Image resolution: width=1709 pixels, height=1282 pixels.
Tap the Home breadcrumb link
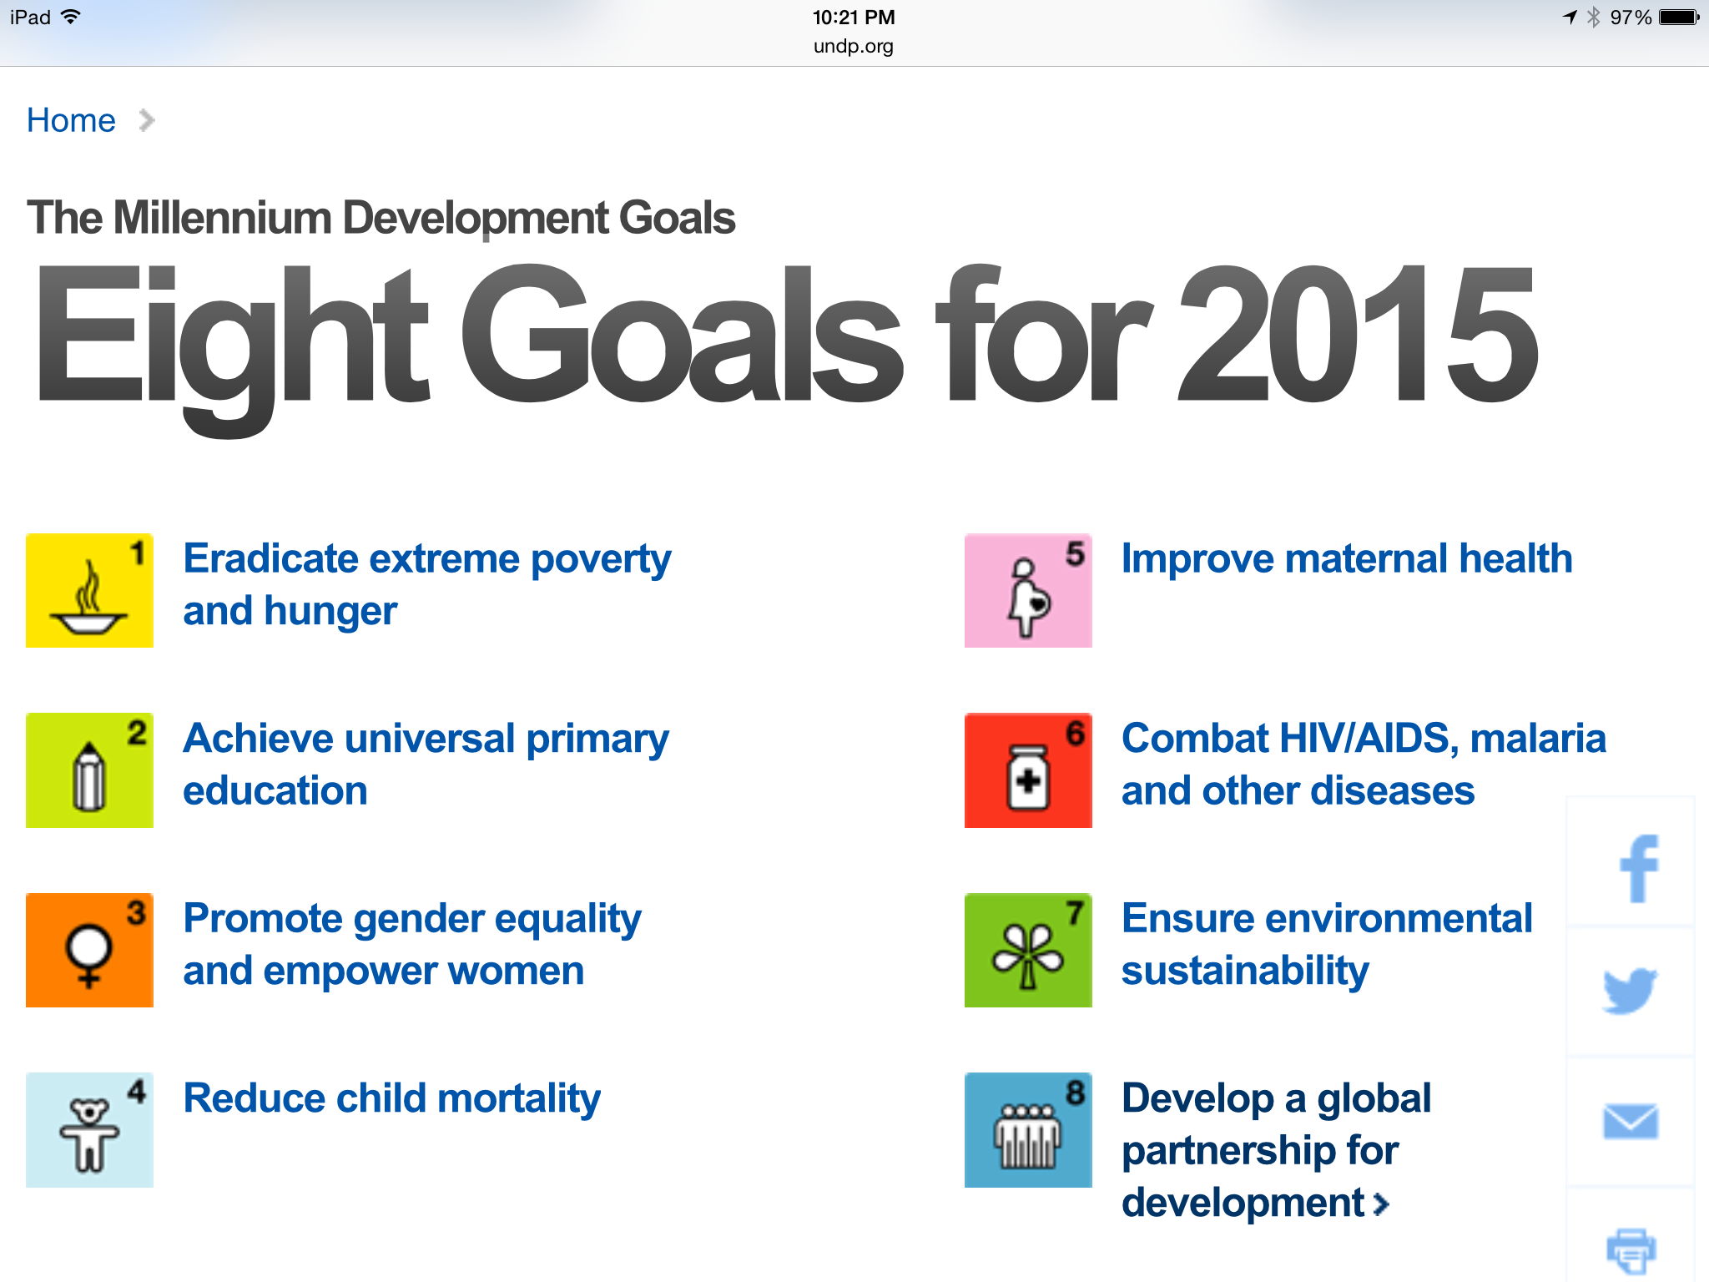coord(71,120)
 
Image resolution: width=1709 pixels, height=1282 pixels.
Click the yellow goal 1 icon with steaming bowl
coord(89,590)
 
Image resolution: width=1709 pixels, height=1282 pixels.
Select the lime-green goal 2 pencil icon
coord(89,770)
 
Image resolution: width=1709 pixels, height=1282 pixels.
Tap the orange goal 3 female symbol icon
coord(89,950)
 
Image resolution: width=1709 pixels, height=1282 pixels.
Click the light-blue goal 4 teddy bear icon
coord(89,1130)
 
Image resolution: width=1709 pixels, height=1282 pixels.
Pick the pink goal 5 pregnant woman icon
coord(1028,590)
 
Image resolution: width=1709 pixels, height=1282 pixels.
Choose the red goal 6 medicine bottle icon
coord(1028,770)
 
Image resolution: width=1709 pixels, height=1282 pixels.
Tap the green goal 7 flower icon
coord(1028,950)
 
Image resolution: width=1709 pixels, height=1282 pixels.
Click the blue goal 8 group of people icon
coord(1028,1130)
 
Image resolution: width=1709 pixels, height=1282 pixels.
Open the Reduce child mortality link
coord(391,1099)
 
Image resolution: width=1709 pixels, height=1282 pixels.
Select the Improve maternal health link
coord(1347,559)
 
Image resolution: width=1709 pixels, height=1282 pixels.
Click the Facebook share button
coord(1631,863)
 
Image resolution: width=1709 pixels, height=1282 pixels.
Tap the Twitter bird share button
coord(1631,992)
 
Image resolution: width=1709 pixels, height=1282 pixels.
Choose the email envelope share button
coord(1631,1122)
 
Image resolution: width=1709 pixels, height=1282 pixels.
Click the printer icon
coord(1631,1249)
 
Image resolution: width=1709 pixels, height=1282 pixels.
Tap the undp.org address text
coord(854,46)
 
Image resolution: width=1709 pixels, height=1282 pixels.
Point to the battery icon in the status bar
coord(1679,18)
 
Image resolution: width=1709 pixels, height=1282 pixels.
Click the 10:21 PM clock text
coord(854,18)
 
